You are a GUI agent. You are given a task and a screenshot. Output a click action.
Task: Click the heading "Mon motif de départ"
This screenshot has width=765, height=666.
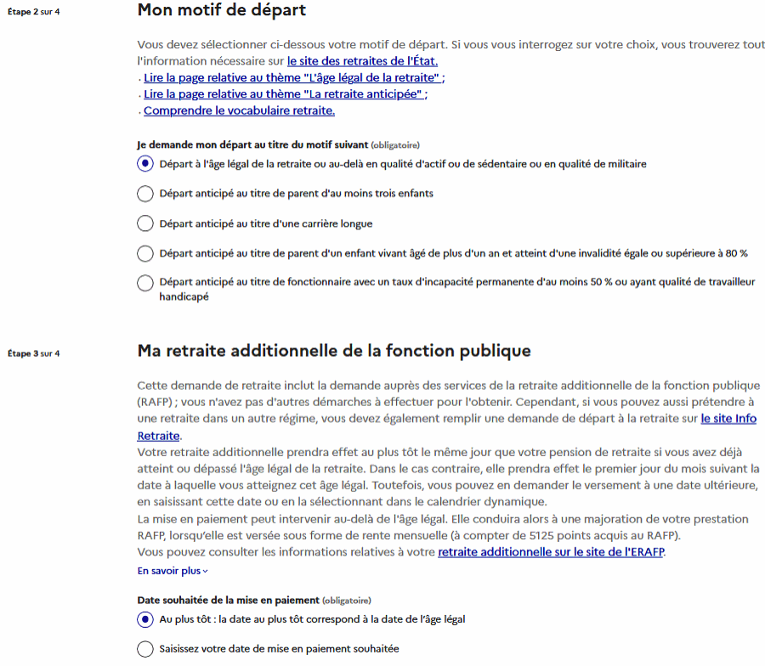click(221, 12)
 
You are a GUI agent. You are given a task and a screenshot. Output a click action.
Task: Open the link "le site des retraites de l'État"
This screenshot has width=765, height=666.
click(362, 61)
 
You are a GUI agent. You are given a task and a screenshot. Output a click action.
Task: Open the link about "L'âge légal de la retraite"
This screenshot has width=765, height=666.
click(292, 78)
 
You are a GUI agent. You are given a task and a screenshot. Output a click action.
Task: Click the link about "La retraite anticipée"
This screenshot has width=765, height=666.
click(283, 94)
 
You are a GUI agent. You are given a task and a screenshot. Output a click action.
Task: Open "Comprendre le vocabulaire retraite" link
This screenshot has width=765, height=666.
click(239, 110)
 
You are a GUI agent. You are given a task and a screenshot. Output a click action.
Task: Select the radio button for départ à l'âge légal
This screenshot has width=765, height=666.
click(145, 164)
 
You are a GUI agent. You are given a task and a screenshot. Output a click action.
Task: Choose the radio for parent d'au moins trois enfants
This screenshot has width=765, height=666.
click(145, 194)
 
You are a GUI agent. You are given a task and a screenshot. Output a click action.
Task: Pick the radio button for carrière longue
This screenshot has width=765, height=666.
click(145, 223)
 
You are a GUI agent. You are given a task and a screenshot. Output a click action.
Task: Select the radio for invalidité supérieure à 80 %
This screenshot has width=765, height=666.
click(145, 253)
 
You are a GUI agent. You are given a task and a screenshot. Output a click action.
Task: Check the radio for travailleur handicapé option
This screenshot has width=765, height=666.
click(145, 283)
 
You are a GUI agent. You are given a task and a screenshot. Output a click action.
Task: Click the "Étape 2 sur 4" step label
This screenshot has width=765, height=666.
click(33, 13)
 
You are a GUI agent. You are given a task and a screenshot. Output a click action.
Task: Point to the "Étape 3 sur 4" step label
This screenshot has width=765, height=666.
click(33, 353)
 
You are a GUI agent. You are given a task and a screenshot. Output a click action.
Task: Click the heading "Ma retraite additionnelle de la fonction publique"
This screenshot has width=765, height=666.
click(333, 351)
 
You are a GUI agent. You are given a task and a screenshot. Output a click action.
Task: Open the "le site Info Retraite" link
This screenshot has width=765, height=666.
click(728, 419)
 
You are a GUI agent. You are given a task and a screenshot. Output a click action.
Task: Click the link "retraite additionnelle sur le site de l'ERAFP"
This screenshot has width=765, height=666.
click(552, 552)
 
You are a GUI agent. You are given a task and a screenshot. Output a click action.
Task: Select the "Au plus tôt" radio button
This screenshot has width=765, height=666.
click(145, 619)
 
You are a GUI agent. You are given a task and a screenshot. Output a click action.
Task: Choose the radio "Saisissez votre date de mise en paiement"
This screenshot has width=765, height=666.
click(145, 649)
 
